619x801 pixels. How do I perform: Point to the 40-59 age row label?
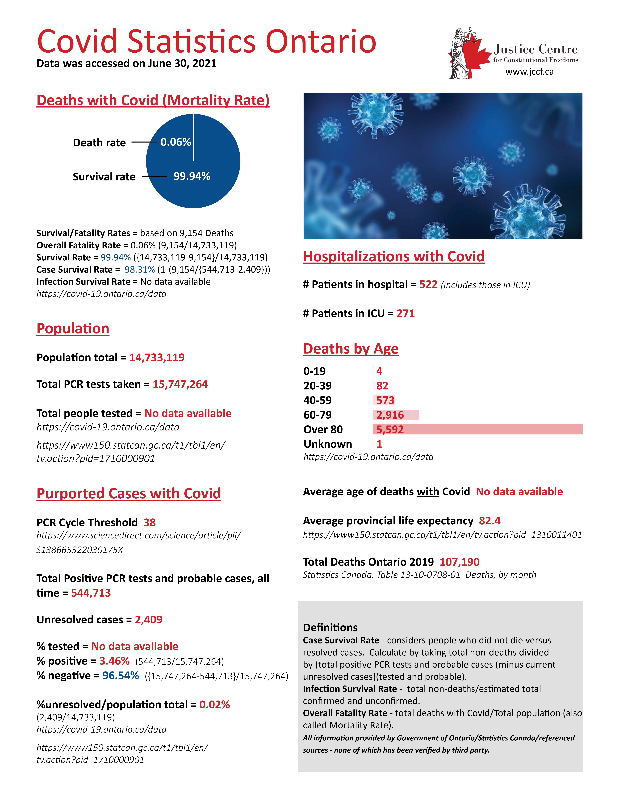click(318, 400)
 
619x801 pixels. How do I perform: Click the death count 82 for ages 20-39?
click(382, 385)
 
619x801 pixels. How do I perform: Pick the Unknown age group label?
click(328, 444)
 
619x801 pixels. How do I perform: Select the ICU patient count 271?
click(406, 314)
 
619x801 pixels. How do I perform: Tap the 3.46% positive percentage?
click(114, 661)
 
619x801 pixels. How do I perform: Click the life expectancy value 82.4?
click(489, 521)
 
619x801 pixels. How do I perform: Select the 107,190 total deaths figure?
click(460, 562)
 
